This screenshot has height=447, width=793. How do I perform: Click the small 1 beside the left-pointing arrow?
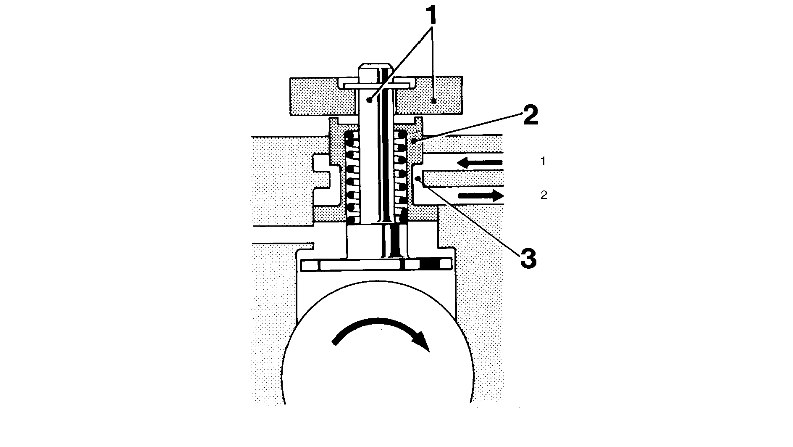543,161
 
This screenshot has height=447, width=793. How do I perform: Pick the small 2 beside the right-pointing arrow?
544,195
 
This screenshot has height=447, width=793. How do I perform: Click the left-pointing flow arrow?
480,162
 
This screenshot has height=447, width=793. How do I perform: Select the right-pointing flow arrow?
481,195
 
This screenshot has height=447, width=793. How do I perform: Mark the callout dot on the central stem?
368,100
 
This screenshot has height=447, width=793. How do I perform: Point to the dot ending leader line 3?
417,179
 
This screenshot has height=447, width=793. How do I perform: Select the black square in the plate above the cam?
428,264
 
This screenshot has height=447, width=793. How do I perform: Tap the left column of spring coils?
352,178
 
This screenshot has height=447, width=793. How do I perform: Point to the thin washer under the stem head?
376,85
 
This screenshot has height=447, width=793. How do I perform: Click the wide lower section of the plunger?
377,241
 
